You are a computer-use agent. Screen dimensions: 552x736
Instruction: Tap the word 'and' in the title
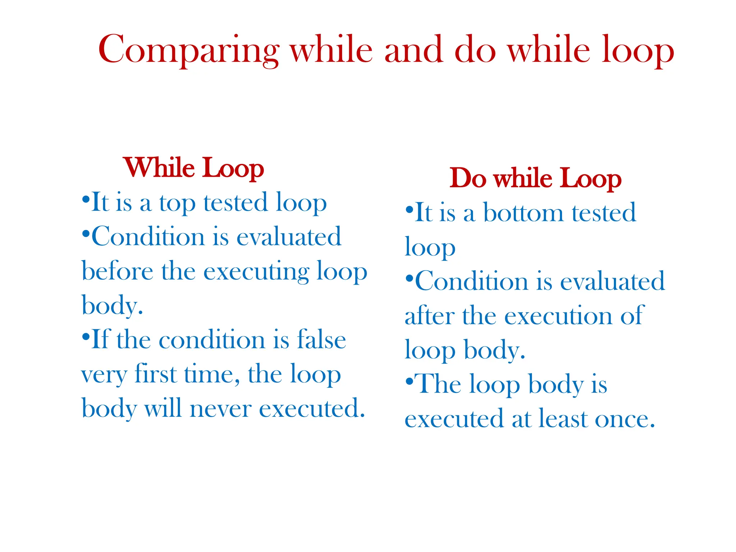[x=413, y=50]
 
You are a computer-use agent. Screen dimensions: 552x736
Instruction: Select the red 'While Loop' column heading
[x=194, y=168]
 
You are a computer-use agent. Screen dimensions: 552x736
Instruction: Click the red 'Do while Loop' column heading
[x=535, y=178]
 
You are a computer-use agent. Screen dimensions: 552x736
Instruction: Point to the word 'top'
[x=177, y=203]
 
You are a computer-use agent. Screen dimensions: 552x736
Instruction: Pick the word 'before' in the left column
[x=118, y=271]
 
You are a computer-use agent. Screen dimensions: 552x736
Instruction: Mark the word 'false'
[x=321, y=340]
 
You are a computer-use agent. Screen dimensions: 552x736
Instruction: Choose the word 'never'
[x=220, y=409]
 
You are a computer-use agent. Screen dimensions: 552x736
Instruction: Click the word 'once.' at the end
[x=625, y=419]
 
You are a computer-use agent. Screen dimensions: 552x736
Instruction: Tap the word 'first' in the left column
[x=156, y=374]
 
